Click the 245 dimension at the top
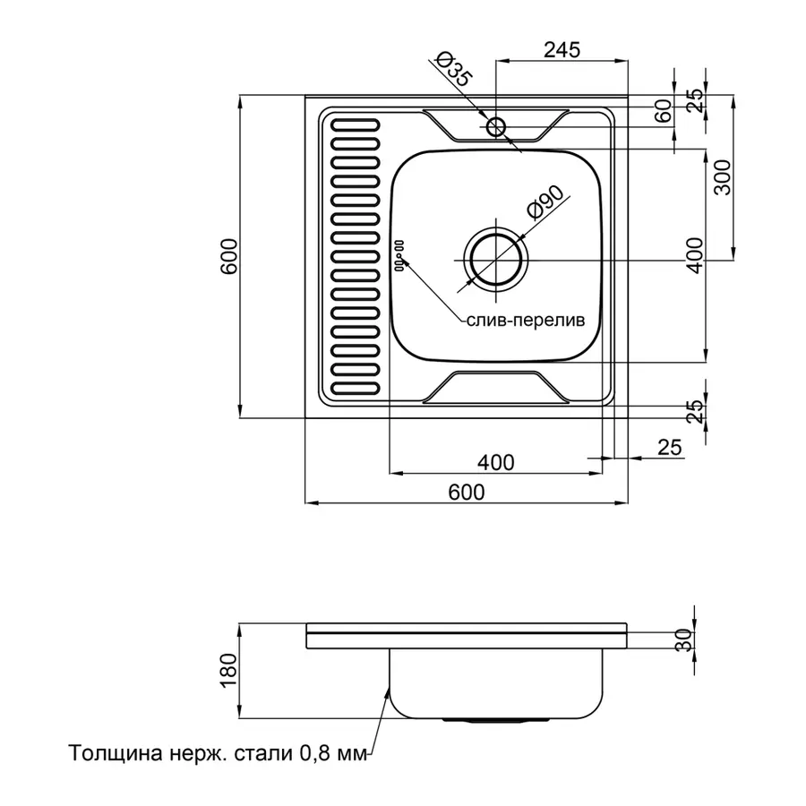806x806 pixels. [562, 50]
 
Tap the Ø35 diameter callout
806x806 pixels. [453, 70]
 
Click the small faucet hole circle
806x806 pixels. [497, 126]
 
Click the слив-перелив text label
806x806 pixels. [525, 320]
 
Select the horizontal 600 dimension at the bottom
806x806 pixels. [466, 492]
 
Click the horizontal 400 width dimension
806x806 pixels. [495, 462]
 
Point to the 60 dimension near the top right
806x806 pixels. [664, 113]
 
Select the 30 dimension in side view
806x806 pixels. [684, 639]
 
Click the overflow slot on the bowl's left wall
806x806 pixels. [399, 255]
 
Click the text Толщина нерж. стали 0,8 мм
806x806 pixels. [218, 754]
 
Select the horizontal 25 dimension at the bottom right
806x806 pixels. [670, 445]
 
